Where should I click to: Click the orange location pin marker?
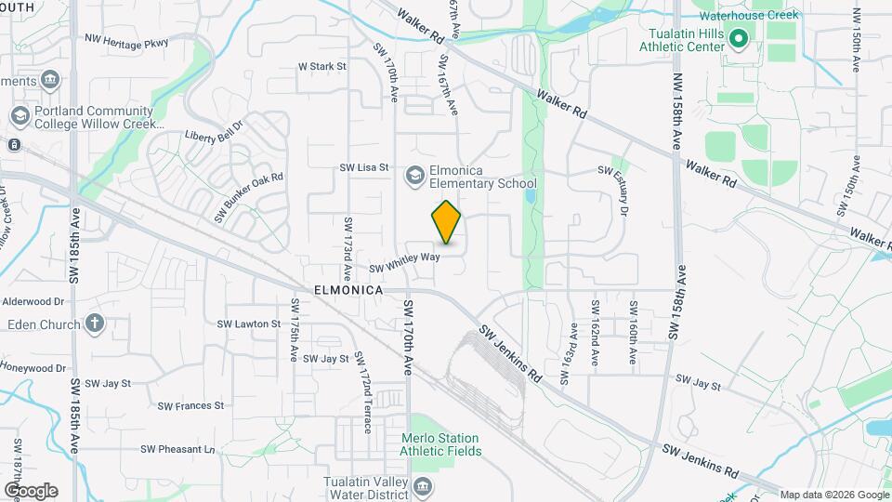click(x=447, y=222)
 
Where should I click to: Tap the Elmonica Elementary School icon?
click(x=414, y=175)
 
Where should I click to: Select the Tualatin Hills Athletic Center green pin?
click(x=739, y=39)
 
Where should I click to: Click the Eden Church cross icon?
click(x=94, y=324)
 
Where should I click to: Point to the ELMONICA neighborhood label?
click(x=349, y=290)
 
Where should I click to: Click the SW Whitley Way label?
click(x=403, y=263)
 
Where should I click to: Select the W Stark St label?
click(x=321, y=67)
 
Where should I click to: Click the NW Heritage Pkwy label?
click(x=126, y=40)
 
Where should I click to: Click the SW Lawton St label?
click(x=249, y=324)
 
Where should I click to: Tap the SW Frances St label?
click(x=190, y=405)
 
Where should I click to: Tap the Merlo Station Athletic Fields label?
click(x=440, y=444)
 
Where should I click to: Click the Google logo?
click(x=31, y=490)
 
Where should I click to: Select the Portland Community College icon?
click(x=19, y=116)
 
